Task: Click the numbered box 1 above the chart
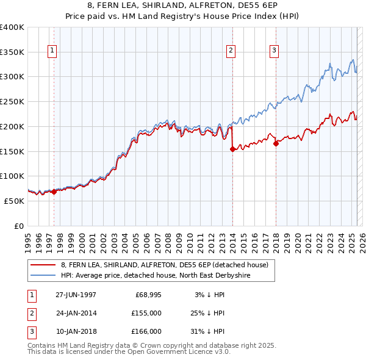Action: pos(53,51)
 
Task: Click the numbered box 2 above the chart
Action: pos(232,51)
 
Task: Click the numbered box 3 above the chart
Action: pos(274,51)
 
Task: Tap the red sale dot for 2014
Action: pos(232,149)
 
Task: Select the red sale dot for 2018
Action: pos(276,143)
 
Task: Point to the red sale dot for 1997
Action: pos(54,192)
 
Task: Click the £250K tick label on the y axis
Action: pos(12,101)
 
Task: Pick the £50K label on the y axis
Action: pos(14,201)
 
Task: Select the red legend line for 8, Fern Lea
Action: pos(43,265)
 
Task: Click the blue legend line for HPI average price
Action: pos(43,275)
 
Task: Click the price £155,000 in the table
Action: pos(146,313)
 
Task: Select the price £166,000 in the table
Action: pos(146,331)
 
